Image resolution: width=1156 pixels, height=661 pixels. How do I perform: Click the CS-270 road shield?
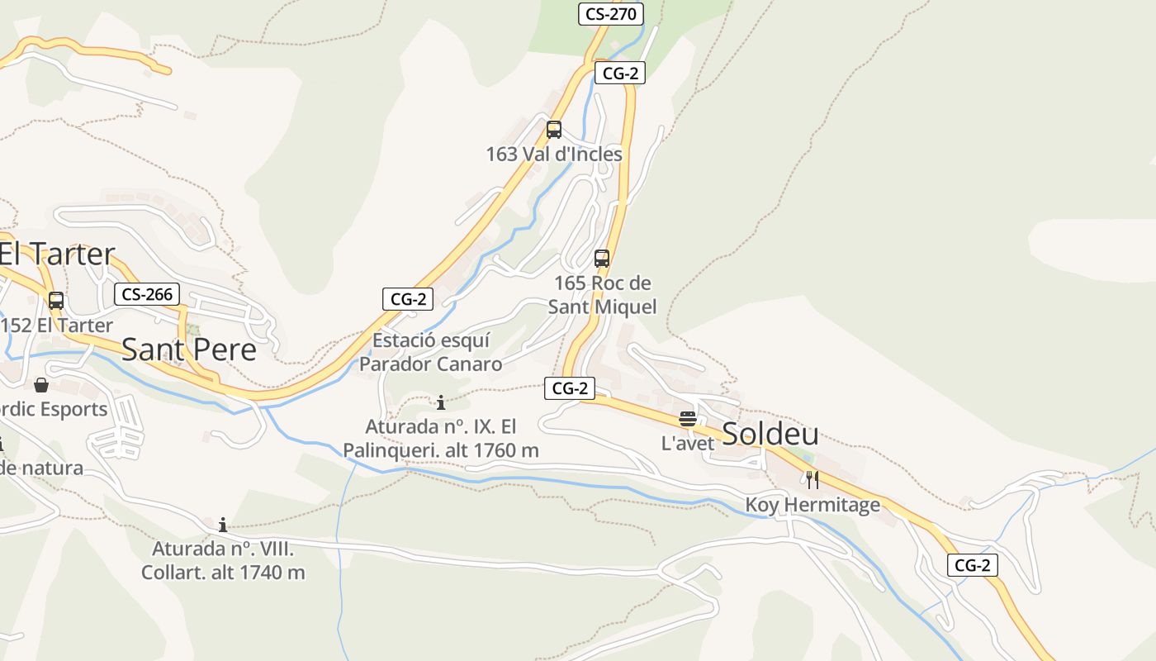(x=609, y=14)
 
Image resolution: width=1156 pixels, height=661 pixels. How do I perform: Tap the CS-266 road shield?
(x=147, y=294)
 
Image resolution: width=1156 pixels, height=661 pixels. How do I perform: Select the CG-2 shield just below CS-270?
(x=620, y=73)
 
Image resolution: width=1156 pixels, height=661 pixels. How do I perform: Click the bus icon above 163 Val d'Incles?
(x=553, y=130)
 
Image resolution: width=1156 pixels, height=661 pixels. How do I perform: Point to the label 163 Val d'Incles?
(x=553, y=155)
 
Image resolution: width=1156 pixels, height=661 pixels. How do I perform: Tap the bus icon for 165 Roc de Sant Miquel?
(x=602, y=258)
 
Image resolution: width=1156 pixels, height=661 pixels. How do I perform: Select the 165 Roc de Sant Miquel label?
(x=603, y=295)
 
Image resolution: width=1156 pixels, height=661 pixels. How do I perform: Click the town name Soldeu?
(x=770, y=434)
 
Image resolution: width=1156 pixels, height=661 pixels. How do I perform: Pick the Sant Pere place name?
(x=189, y=350)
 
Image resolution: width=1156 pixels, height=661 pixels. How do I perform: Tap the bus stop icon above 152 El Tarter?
(x=56, y=301)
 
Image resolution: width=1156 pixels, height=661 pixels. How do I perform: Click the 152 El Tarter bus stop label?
(x=56, y=326)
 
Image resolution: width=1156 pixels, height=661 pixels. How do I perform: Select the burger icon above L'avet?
(x=688, y=418)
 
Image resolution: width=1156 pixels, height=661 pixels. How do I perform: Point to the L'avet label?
(x=687, y=444)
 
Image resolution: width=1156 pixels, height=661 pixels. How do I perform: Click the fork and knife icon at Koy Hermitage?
(x=813, y=479)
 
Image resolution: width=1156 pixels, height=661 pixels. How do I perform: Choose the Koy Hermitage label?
(x=813, y=505)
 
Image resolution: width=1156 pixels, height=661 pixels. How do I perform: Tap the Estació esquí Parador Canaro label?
(x=430, y=352)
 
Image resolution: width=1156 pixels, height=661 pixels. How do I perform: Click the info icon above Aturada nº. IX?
(x=441, y=402)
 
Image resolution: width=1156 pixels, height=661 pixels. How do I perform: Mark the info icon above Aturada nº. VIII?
(x=223, y=525)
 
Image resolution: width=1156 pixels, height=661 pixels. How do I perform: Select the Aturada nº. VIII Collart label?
(x=223, y=560)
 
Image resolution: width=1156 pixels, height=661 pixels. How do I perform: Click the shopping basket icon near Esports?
(x=41, y=385)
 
